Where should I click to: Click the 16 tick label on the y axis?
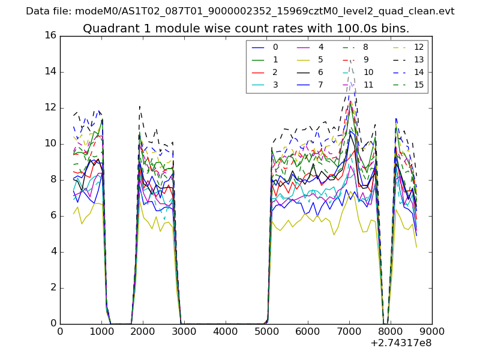[50, 35]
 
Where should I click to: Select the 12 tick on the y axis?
[50, 107]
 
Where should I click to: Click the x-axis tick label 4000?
[225, 331]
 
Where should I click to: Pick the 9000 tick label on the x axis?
[431, 331]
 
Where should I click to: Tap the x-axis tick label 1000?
[101, 331]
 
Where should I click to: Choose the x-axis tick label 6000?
[308, 331]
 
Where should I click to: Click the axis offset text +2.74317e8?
[401, 343]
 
